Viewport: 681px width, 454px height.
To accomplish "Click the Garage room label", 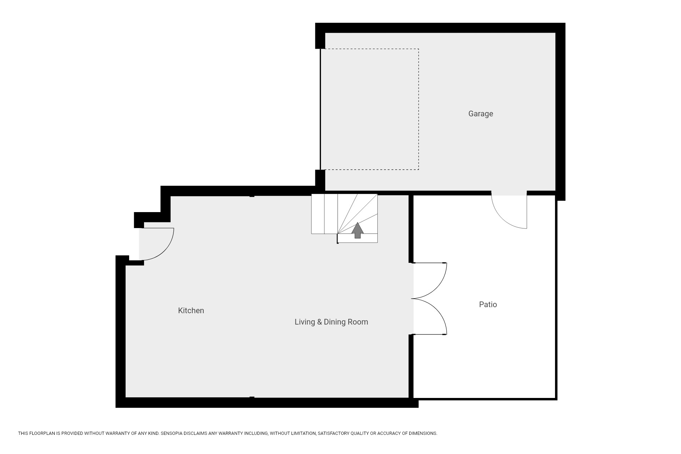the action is [x=481, y=114].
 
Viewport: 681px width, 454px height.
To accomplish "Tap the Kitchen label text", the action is [x=191, y=311].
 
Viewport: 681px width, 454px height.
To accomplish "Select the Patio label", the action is [x=488, y=304].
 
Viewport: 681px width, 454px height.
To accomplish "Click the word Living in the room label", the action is [x=305, y=322].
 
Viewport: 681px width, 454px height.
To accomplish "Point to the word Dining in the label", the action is [x=334, y=322].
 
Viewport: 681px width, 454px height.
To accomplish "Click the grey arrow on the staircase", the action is [x=358, y=230].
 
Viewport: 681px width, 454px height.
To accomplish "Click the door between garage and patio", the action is [x=509, y=212].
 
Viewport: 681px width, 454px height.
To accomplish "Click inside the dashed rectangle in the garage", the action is [x=370, y=109].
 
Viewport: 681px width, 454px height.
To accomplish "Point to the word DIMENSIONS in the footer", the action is [x=423, y=433].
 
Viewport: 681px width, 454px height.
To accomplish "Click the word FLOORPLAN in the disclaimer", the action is [x=42, y=433].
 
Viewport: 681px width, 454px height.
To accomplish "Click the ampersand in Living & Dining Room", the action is [x=319, y=322].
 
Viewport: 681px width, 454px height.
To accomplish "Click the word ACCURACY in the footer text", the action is [x=389, y=433].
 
